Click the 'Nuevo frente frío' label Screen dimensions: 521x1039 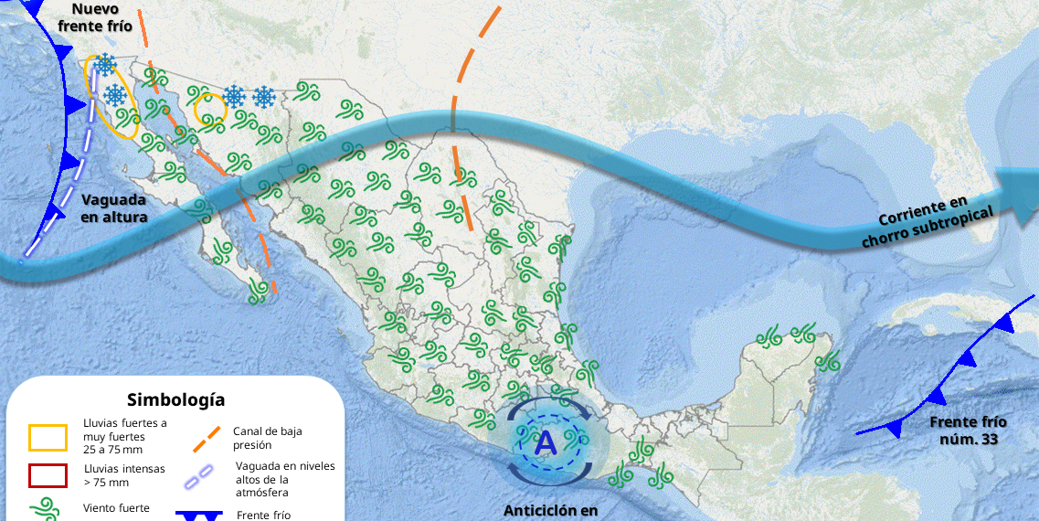[x=95, y=17]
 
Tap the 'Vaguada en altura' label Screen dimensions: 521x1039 [x=114, y=208]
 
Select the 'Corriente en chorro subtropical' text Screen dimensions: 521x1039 [x=928, y=221]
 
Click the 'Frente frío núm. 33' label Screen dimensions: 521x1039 [x=968, y=431]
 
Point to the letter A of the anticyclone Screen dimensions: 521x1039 [x=546, y=443]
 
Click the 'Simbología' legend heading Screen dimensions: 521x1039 [x=175, y=399]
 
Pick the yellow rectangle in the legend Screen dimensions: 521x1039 [x=48, y=437]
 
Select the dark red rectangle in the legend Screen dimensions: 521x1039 [x=48, y=475]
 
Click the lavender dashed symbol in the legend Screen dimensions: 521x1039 [x=200, y=477]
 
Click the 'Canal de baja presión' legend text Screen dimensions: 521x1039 [x=267, y=438]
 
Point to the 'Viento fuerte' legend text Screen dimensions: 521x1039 [x=117, y=508]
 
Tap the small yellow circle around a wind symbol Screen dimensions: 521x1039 [x=210, y=109]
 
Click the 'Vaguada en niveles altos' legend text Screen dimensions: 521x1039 [x=285, y=479]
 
